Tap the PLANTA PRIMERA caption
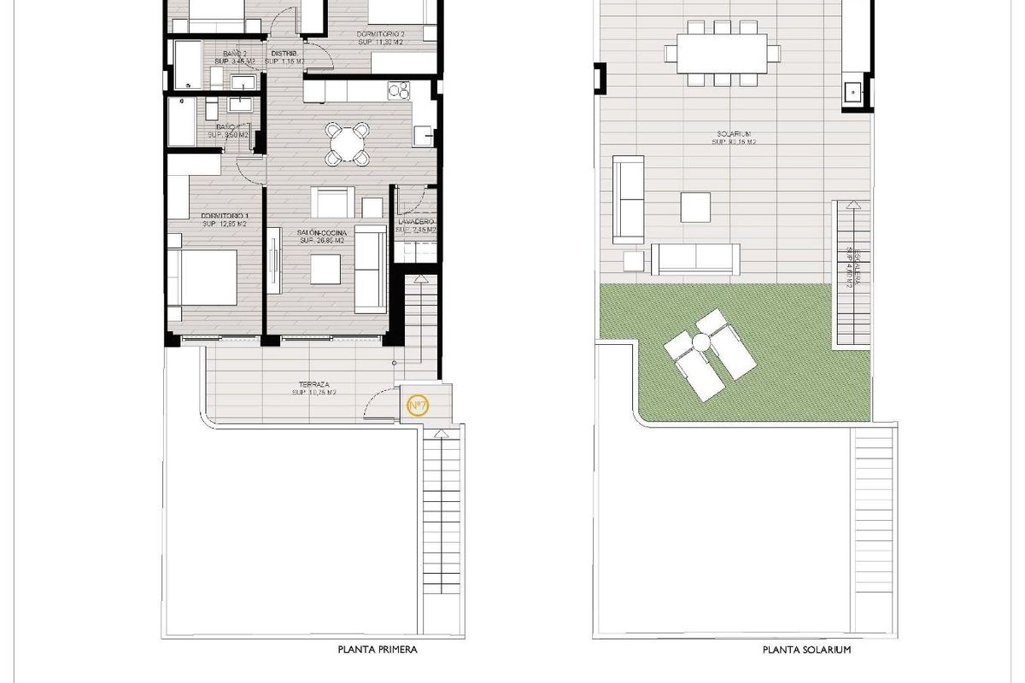tap(378, 650)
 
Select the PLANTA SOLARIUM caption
tap(807, 650)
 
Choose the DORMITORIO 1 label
tap(225, 215)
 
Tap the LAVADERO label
tap(416, 221)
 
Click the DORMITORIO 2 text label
tap(380, 35)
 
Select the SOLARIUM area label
tap(733, 134)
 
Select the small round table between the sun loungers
tap(702, 341)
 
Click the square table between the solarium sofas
tap(695, 207)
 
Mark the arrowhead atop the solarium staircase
tap(851, 204)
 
